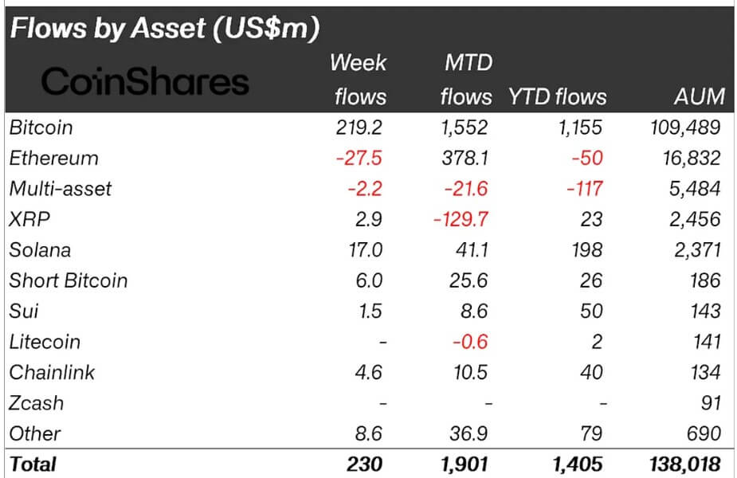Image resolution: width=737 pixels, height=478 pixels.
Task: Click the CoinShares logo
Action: pos(145,81)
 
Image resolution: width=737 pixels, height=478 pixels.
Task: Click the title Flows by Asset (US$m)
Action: pos(163,29)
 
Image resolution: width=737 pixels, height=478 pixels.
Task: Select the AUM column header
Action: pos(698,97)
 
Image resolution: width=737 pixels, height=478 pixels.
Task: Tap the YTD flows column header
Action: pos(557,97)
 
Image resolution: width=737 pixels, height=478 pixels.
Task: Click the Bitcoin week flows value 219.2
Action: pos(359,127)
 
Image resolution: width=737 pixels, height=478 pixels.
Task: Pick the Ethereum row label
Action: pos(53,158)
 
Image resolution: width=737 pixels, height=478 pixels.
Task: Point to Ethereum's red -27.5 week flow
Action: pos(359,158)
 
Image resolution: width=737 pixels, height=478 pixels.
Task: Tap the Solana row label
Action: pos(40,249)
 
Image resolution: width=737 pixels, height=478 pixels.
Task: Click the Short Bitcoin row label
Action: pos(68,280)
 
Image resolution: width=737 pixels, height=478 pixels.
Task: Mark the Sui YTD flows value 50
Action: pos(590,311)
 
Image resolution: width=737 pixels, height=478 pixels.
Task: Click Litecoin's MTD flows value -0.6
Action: pos(469,342)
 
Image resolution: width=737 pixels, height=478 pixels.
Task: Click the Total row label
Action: pos(33,463)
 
